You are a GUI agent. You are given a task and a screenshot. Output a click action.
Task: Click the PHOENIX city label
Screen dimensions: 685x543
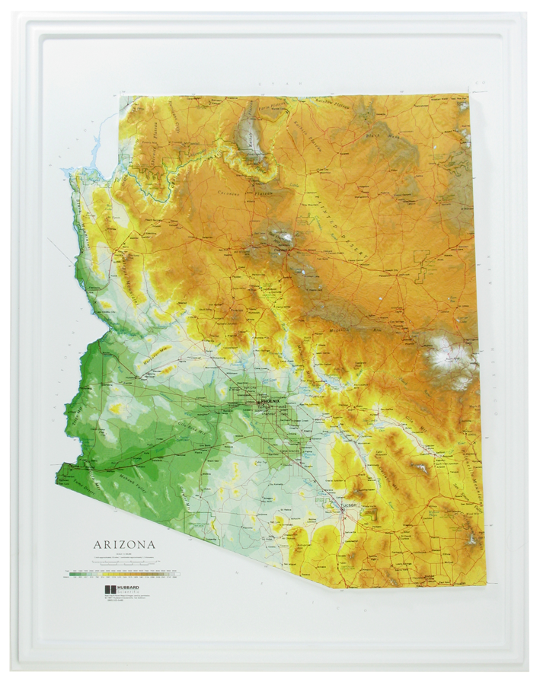(270, 400)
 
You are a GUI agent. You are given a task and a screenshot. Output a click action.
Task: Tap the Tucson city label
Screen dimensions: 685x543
(350, 505)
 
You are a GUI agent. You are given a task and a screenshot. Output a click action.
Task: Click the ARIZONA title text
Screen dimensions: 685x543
(124, 544)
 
